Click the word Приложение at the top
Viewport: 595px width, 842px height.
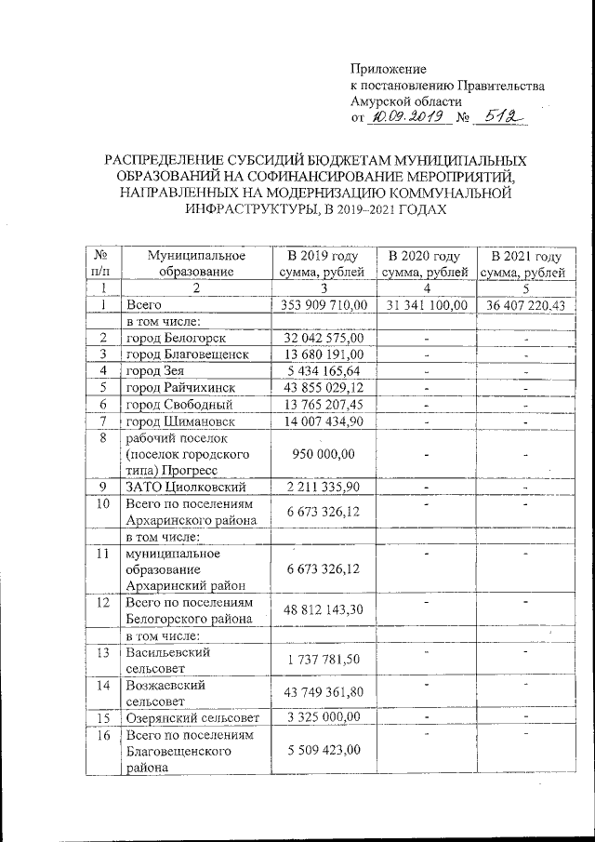388,70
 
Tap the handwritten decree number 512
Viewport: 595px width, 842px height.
502,118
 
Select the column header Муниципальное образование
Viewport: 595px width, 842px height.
195,263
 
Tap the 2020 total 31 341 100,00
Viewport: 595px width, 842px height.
425,305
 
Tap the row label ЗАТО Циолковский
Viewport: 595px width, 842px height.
185,487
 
